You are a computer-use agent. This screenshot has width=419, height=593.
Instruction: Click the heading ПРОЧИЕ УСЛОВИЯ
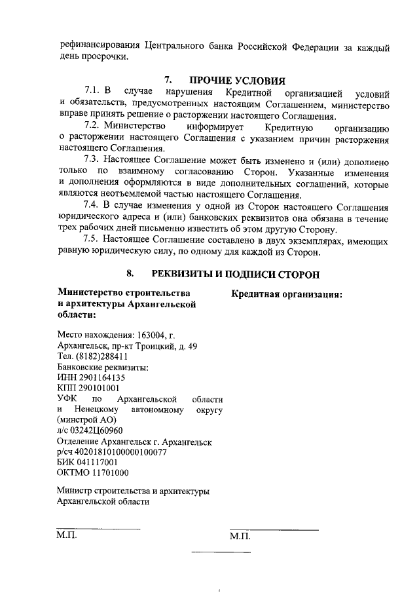point(238,81)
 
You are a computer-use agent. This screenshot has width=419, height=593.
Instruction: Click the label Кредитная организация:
point(287,295)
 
